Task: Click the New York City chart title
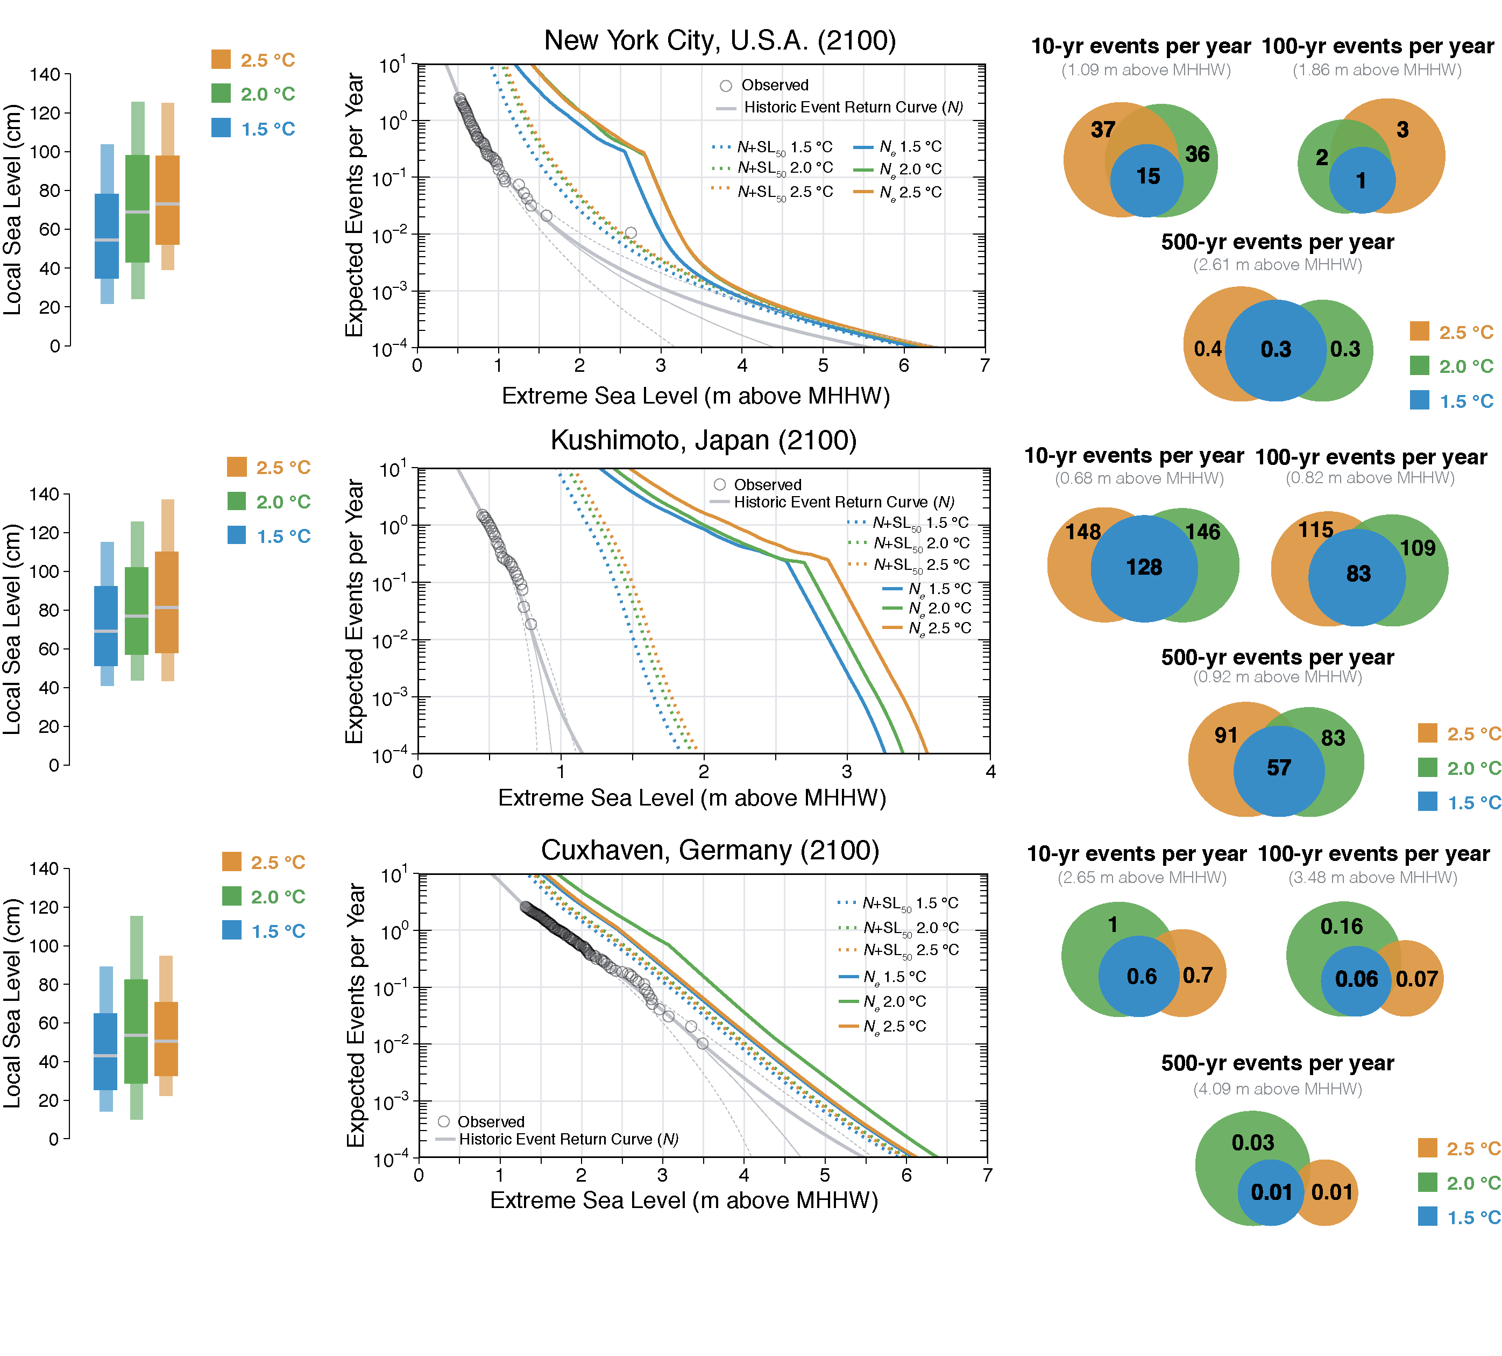pyautogui.click(x=720, y=40)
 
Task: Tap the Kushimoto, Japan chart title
pyautogui.click(x=703, y=440)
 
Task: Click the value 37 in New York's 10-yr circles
pyautogui.click(x=1103, y=130)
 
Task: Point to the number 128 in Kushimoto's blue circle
pyautogui.click(x=1144, y=568)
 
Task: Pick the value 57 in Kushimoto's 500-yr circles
pyautogui.click(x=1279, y=768)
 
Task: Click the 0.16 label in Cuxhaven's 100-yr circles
pyautogui.click(x=1341, y=927)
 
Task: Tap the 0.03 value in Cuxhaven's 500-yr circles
pyautogui.click(x=1252, y=1143)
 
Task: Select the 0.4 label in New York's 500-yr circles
pyautogui.click(x=1207, y=349)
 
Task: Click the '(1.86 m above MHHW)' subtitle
pyautogui.click(x=1377, y=70)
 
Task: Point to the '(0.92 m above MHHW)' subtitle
pyautogui.click(x=1277, y=677)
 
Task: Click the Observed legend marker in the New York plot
pyautogui.click(x=726, y=86)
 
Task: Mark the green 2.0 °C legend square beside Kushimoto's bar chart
pyautogui.click(x=237, y=502)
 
